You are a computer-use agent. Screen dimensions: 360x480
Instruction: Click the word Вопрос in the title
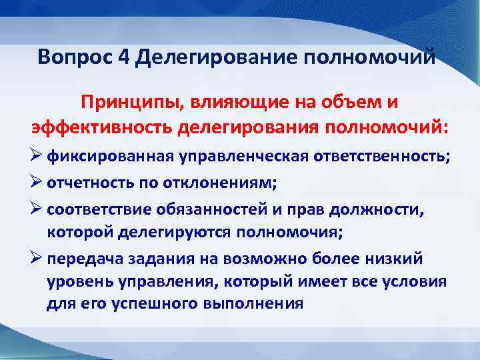75,57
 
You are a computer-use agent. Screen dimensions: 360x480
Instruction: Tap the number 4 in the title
125,57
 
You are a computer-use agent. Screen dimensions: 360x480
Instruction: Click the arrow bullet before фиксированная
39,156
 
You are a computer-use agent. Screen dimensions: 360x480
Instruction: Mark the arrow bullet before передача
39,259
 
